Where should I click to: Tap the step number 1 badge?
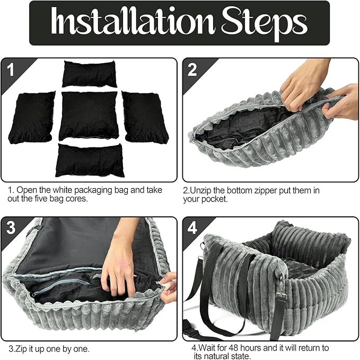(x=11, y=68)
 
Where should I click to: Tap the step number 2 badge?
(x=191, y=68)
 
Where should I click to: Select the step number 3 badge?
(x=11, y=227)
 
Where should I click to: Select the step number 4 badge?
(x=192, y=227)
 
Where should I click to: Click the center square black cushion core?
(x=89, y=115)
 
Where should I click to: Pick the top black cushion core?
(x=90, y=74)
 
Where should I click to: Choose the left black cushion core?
(x=31, y=116)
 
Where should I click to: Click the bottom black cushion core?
(x=90, y=160)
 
